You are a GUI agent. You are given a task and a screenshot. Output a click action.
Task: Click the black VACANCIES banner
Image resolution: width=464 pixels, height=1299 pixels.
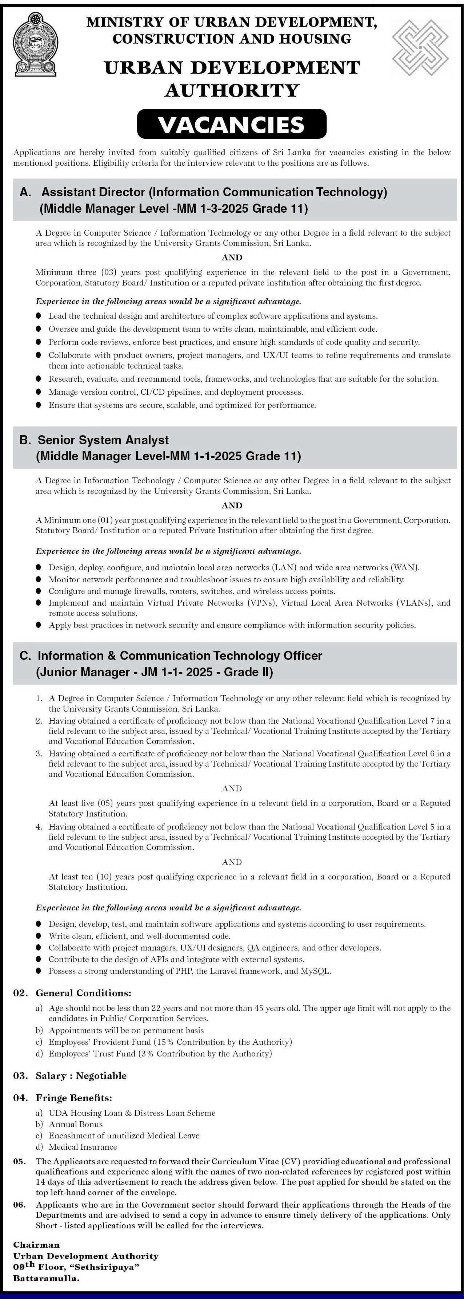coord(232,124)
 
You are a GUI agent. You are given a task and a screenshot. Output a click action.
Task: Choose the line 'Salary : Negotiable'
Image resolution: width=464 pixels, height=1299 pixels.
coord(81,1076)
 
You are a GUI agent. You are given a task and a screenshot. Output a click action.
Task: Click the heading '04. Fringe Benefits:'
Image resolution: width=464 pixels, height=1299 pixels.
coord(63,1097)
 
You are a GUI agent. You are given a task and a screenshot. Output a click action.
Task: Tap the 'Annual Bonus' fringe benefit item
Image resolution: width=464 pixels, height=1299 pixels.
coord(76,1124)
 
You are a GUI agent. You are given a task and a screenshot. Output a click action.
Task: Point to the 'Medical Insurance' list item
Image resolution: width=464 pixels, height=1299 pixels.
coord(83,1147)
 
